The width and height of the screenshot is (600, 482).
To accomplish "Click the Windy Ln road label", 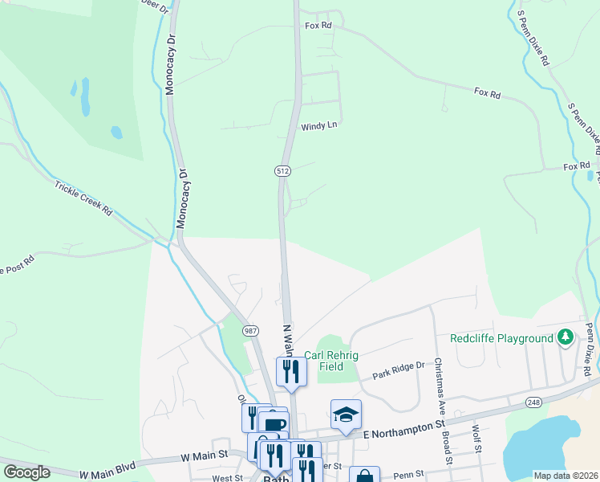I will pos(319,127).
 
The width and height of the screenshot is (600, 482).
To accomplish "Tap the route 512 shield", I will pos(282,171).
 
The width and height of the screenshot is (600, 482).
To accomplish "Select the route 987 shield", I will pos(251,331).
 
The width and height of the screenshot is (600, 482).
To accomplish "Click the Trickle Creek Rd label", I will pos(83,198).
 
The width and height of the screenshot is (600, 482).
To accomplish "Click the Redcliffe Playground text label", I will pos(501,338).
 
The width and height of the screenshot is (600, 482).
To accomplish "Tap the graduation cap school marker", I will pos(346,415).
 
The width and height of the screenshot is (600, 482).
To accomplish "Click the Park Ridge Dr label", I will pos(398,371).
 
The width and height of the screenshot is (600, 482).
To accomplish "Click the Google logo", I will pos(26,472).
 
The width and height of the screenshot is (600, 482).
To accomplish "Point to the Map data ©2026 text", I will pos(566,476).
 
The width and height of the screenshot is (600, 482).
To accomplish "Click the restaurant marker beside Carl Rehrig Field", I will pos(291,371).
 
